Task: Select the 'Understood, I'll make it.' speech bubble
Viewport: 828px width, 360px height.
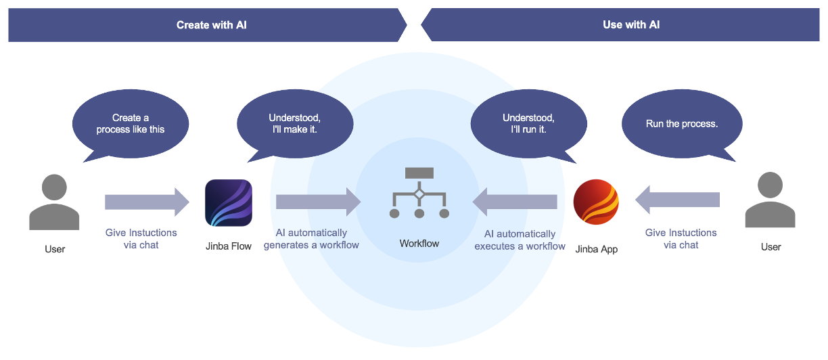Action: click(294, 123)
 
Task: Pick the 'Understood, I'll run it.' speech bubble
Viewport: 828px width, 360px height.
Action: click(528, 123)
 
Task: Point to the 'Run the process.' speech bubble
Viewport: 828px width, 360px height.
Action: click(681, 125)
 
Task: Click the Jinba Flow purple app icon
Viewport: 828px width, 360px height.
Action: click(229, 203)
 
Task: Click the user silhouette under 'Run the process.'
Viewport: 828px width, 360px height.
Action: click(770, 200)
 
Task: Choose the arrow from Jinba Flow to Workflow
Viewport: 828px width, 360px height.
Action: click(319, 202)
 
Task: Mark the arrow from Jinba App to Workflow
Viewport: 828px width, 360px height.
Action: click(515, 202)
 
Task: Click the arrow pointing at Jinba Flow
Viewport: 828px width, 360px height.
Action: click(147, 202)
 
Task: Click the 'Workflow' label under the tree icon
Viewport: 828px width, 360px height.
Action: click(419, 244)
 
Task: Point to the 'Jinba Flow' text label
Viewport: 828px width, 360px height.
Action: click(229, 246)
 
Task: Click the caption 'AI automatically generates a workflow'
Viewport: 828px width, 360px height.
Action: click(311, 239)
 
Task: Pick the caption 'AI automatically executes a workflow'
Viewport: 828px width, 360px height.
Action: click(520, 240)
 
